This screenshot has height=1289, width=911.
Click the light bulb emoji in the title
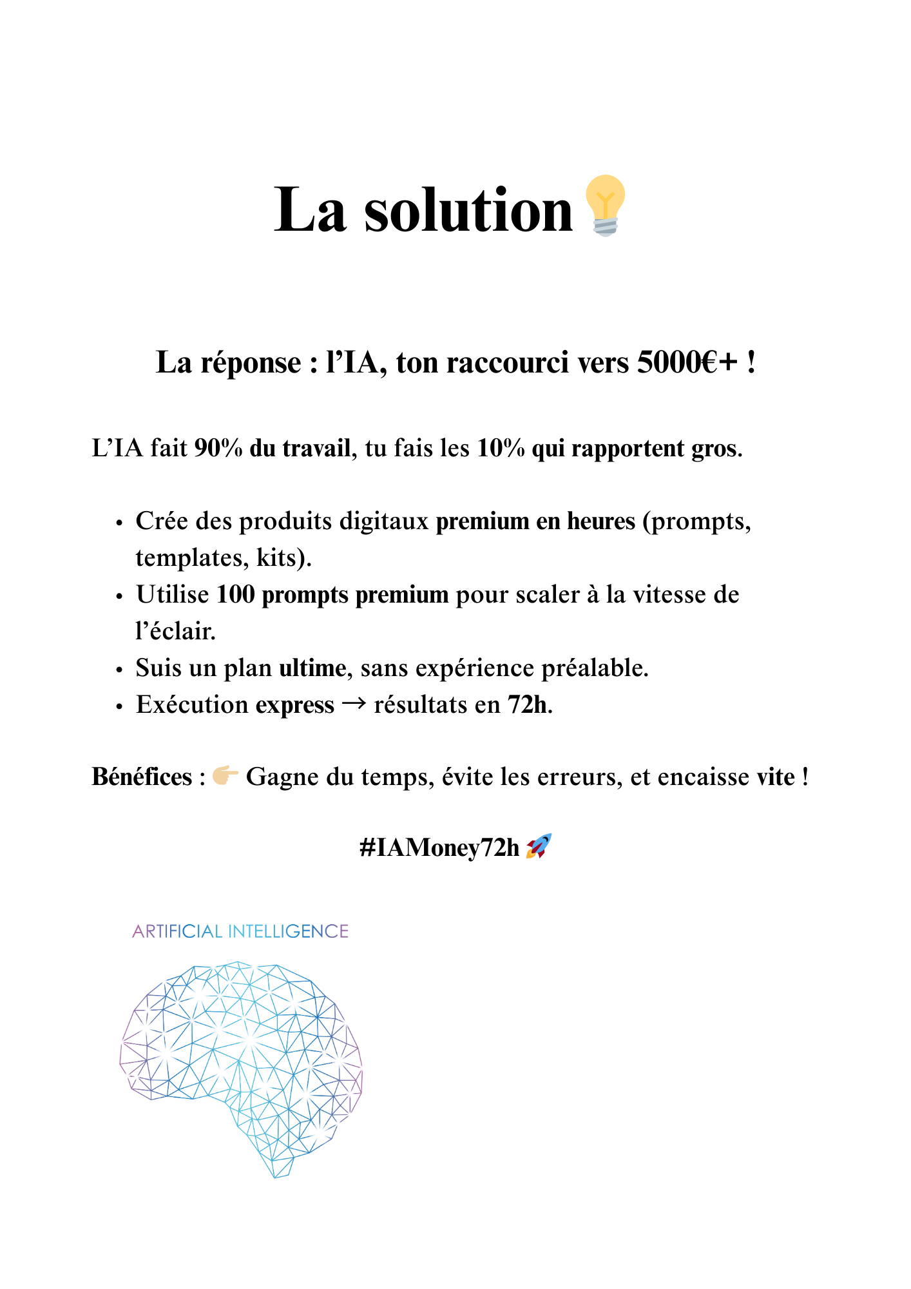point(604,206)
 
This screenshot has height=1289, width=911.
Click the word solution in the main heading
point(468,210)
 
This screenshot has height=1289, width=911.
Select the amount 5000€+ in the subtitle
point(687,362)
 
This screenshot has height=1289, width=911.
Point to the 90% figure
point(218,448)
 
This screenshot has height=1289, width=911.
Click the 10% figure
point(501,448)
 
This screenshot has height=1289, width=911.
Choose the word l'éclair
point(175,631)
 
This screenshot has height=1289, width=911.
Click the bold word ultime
point(312,668)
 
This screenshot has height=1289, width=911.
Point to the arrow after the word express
point(354,704)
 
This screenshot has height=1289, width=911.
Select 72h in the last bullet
point(528,704)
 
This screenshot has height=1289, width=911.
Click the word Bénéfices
point(142,777)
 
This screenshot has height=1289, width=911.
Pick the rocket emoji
point(539,846)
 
